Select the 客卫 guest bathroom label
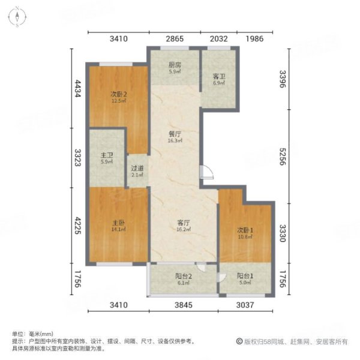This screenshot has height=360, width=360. point(218,77)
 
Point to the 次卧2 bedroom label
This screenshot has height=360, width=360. point(118,94)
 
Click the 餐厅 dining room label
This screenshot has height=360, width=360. point(175,134)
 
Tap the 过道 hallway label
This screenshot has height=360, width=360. point(137,169)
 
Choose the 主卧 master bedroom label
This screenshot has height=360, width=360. point(117,222)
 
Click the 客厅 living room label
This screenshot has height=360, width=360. point(183,222)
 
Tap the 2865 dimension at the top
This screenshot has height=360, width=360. point(175,39)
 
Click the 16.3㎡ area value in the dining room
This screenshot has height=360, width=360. point(175,143)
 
